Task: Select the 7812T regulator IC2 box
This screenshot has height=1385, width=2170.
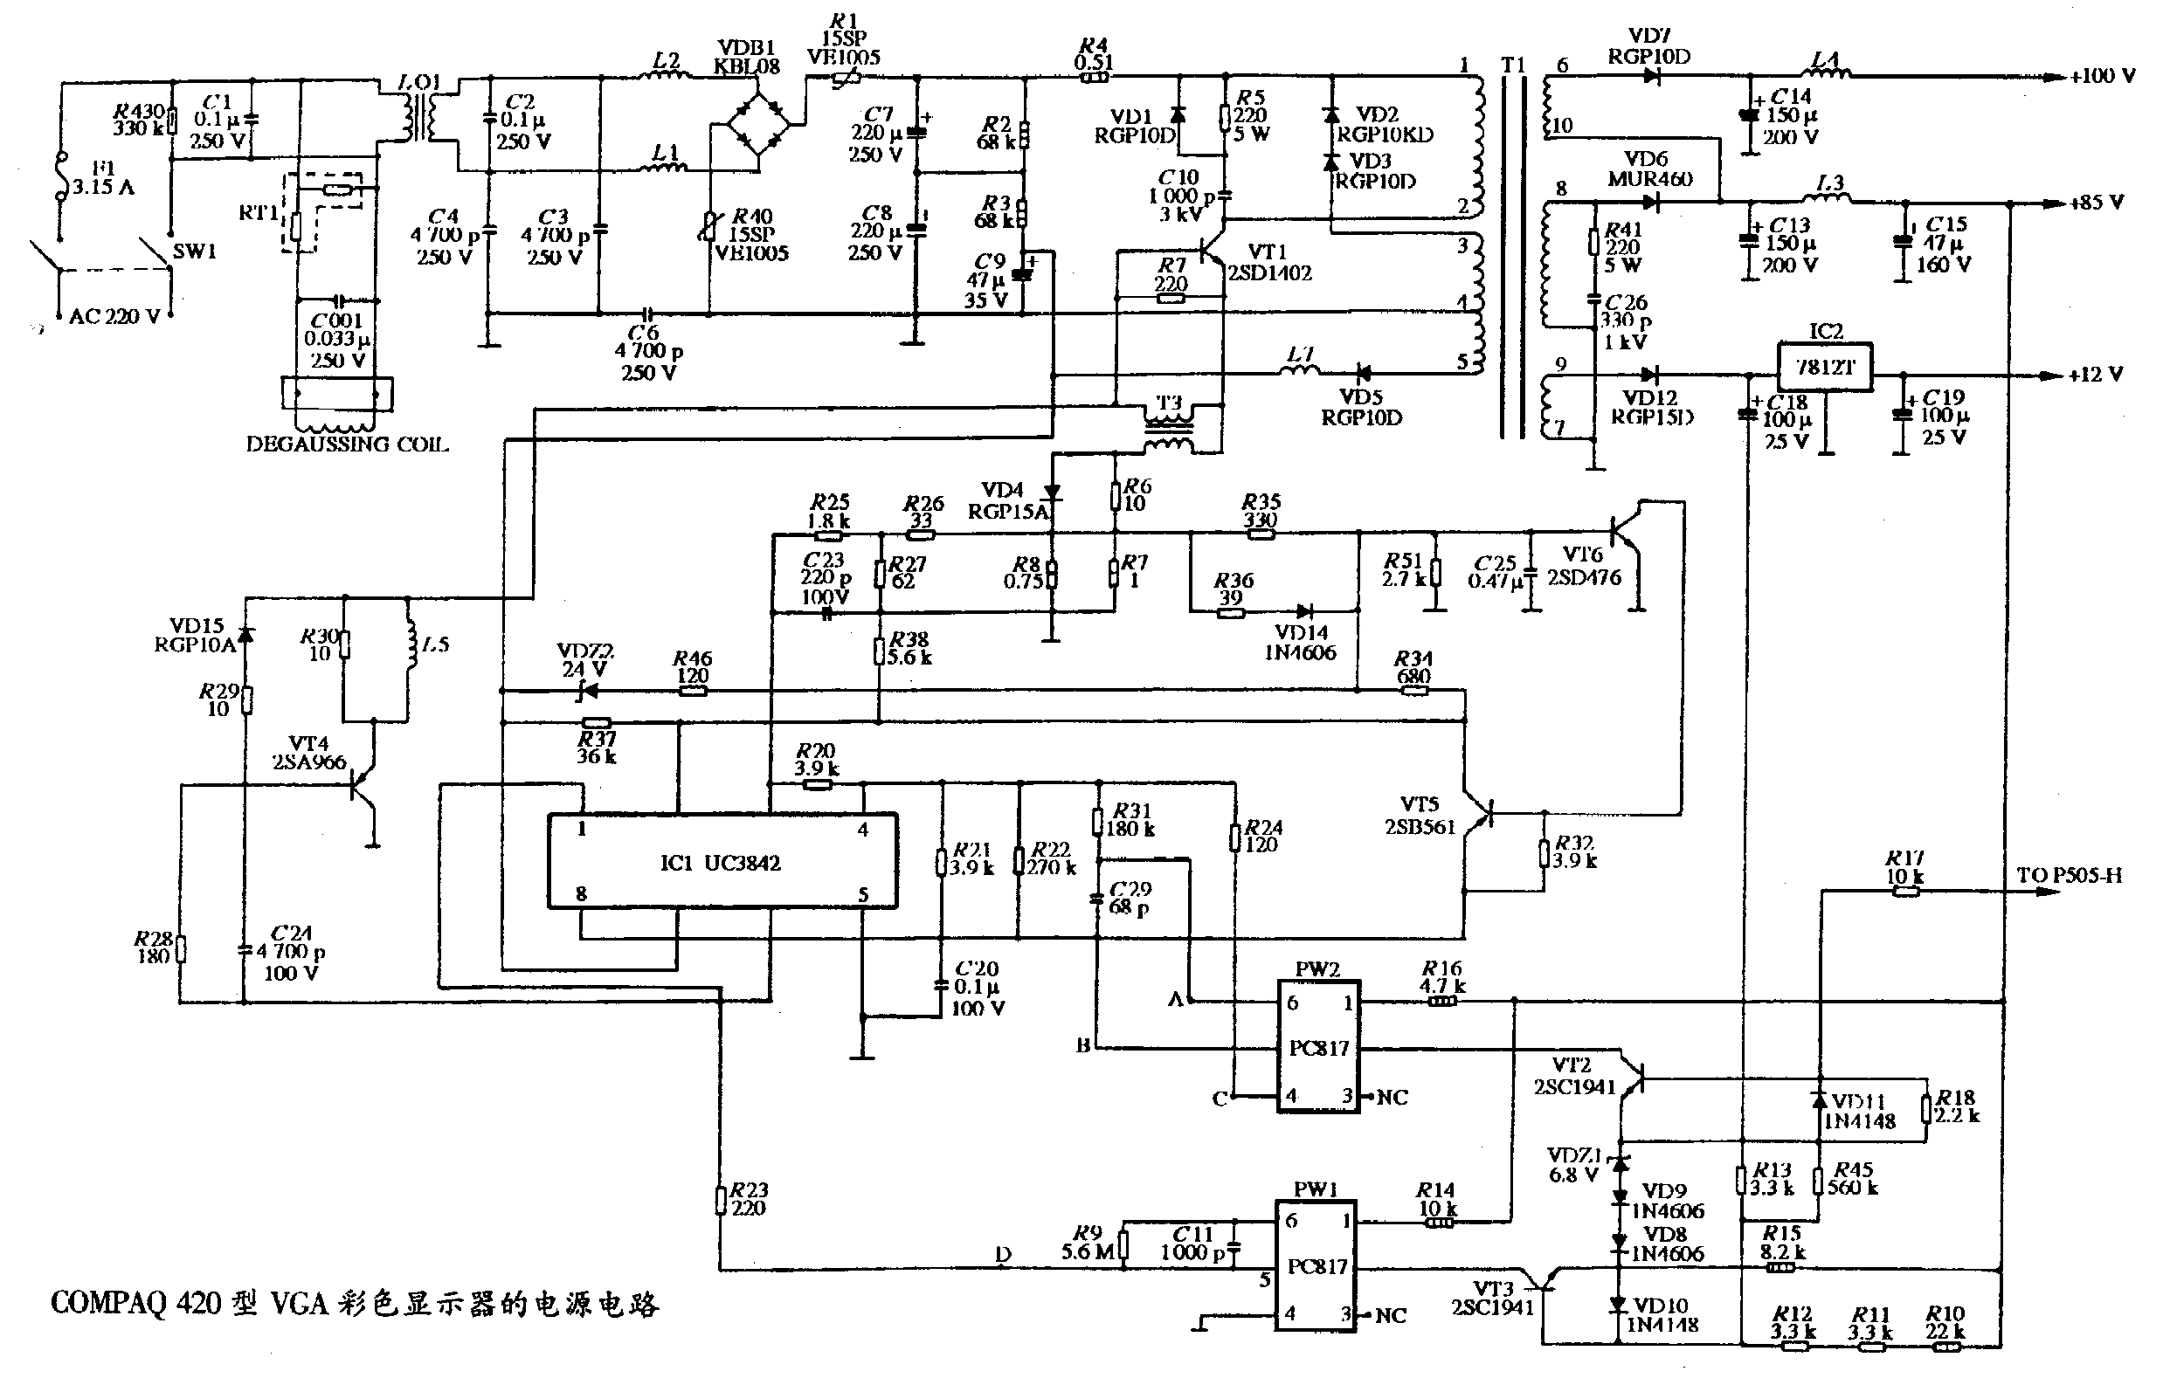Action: (x=1824, y=367)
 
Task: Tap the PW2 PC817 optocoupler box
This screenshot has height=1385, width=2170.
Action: (x=1317, y=1048)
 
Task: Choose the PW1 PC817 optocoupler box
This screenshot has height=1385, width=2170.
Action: (x=1316, y=1266)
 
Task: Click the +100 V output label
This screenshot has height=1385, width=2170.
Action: (x=2102, y=76)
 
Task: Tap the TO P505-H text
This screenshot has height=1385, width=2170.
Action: (x=2069, y=875)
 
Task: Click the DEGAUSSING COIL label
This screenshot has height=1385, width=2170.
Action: (x=347, y=444)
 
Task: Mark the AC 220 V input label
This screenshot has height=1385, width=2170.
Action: (x=114, y=316)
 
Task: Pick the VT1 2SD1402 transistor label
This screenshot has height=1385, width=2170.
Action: (x=1269, y=262)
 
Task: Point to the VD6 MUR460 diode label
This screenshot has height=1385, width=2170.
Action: (x=1649, y=169)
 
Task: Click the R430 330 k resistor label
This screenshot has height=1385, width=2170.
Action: (x=139, y=119)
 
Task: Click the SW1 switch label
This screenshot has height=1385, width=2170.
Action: (x=194, y=252)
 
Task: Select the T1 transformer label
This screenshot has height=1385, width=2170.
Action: (x=1513, y=65)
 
